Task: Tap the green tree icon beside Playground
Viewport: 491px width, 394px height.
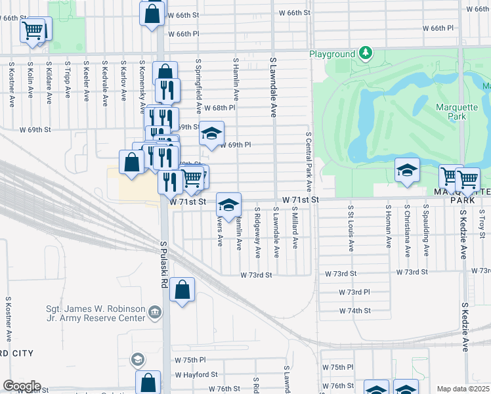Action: pyautogui.click(x=365, y=53)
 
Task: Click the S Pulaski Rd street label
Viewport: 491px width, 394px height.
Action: pyautogui.click(x=164, y=263)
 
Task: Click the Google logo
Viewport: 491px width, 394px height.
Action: pyautogui.click(x=21, y=386)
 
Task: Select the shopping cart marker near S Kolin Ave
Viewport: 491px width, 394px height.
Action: pyautogui.click(x=33, y=30)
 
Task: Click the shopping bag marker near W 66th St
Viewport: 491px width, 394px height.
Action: pyautogui.click(x=152, y=13)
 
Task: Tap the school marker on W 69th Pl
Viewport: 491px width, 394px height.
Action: pyautogui.click(x=211, y=133)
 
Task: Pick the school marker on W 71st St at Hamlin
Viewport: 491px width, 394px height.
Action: pyautogui.click(x=228, y=205)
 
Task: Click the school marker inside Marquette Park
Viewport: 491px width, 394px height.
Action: pyautogui.click(x=407, y=171)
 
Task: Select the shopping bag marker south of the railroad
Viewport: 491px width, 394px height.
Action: pyautogui.click(x=182, y=290)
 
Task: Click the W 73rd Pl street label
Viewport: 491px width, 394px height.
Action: pyautogui.click(x=354, y=292)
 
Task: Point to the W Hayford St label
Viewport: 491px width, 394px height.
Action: pyautogui.click(x=196, y=374)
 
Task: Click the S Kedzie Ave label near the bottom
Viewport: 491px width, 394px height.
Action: pyautogui.click(x=464, y=327)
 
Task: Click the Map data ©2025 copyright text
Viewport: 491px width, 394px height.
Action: pyautogui.click(x=463, y=389)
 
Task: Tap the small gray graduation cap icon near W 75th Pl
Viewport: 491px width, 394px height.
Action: pyautogui.click(x=138, y=359)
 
